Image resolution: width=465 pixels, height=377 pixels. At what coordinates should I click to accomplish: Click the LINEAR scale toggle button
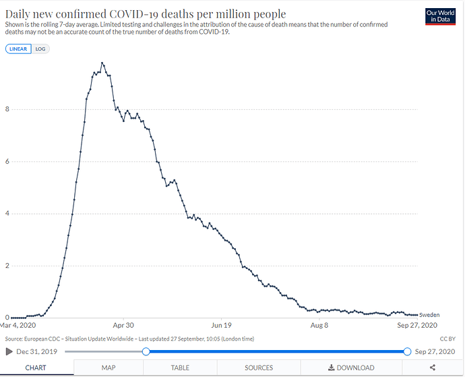pyautogui.click(x=18, y=49)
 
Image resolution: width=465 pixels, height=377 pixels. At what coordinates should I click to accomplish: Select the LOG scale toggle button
pyautogui.click(x=40, y=49)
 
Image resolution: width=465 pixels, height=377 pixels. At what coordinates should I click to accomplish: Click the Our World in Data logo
pyautogui.click(x=441, y=17)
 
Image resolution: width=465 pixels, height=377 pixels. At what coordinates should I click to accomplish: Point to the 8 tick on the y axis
pyautogui.click(x=7, y=109)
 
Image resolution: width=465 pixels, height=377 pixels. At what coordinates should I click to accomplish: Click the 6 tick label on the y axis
pyautogui.click(x=7, y=161)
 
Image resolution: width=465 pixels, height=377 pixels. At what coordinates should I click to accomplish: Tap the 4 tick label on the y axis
pyautogui.click(x=7, y=214)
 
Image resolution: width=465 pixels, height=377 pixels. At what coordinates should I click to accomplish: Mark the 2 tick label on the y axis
pyautogui.click(x=7, y=266)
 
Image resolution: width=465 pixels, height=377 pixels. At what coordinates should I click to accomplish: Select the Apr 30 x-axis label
pyautogui.click(x=123, y=324)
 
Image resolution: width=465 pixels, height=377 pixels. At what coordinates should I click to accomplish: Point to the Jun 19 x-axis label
pyautogui.click(x=222, y=324)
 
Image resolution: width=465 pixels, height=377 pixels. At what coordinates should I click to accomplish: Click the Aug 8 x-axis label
pyautogui.click(x=319, y=324)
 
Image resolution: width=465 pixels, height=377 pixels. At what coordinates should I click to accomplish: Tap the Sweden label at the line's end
pyautogui.click(x=430, y=315)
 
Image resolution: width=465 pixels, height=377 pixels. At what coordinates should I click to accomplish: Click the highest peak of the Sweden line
pyautogui.click(x=102, y=63)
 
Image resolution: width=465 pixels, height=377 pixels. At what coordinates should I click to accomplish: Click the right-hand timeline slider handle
pyautogui.click(x=407, y=351)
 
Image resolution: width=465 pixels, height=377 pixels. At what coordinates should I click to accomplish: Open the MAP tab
pyautogui.click(x=108, y=368)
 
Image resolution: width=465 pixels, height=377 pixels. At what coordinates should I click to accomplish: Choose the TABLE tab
pyautogui.click(x=180, y=368)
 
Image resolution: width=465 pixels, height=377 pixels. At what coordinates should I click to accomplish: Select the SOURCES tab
pyautogui.click(x=259, y=368)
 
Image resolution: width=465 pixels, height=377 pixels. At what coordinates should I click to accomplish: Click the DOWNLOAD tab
pyautogui.click(x=350, y=368)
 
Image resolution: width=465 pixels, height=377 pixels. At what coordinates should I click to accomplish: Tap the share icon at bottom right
pyautogui.click(x=431, y=368)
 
